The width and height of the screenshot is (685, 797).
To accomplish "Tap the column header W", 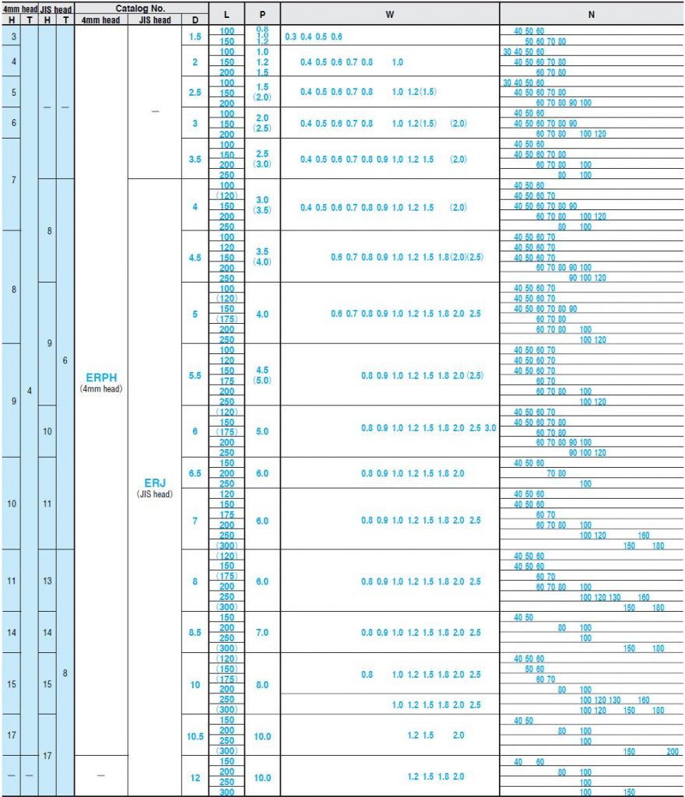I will (x=389, y=15).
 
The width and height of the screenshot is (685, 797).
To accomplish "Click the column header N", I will (x=592, y=15).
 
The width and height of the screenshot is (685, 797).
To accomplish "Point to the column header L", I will (x=226, y=15).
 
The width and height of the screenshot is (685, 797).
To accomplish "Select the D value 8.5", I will (x=195, y=633).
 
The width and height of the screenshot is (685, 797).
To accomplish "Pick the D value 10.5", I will (x=195, y=736).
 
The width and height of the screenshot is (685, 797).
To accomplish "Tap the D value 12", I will (x=195, y=778).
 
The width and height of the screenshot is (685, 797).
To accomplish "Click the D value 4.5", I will (x=195, y=257).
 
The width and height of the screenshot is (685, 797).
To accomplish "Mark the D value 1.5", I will (x=195, y=37).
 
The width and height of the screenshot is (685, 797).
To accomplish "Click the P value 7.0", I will (x=262, y=633).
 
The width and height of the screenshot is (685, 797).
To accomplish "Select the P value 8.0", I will (x=262, y=685).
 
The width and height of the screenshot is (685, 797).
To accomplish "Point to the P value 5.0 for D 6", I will (x=262, y=431).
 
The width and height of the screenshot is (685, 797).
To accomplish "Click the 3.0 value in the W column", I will (x=490, y=428).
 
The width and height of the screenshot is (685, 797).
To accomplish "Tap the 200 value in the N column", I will (x=672, y=752).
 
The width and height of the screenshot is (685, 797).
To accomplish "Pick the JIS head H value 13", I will (x=47, y=581).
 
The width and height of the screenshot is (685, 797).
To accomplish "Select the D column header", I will (x=195, y=20).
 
